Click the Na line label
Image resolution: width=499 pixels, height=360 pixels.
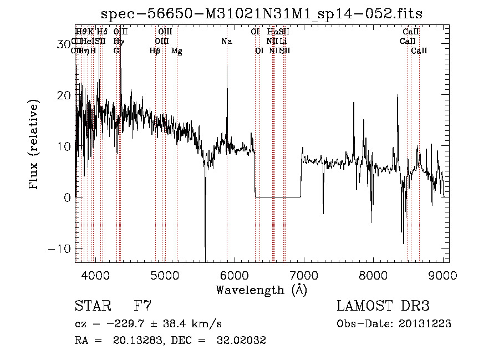pyautogui.click(x=226, y=42)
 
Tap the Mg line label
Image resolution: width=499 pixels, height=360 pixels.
pyautogui.click(x=176, y=51)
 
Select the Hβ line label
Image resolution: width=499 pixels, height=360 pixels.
pyautogui.click(x=155, y=51)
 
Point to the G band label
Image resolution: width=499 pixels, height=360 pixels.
pyautogui.click(x=116, y=50)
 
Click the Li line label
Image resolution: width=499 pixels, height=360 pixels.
pyautogui.click(x=283, y=42)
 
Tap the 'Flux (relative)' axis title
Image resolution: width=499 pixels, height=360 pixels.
pyautogui.click(x=34, y=146)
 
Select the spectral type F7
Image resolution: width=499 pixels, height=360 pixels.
pyautogui.click(x=142, y=306)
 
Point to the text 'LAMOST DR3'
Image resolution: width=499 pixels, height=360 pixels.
pyautogui.click(x=383, y=306)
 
